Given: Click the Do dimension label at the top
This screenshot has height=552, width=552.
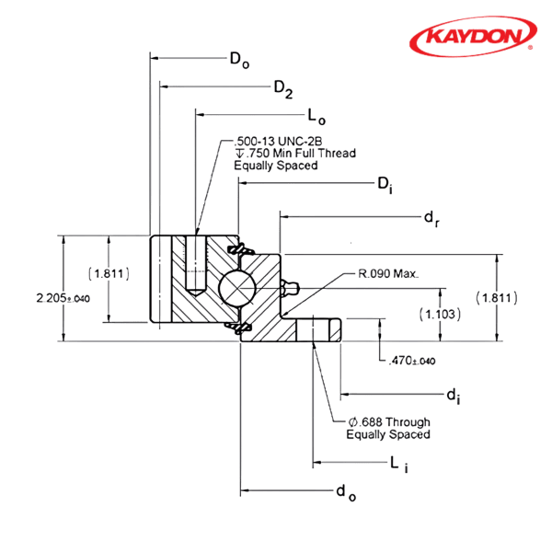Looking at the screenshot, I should pos(239,62).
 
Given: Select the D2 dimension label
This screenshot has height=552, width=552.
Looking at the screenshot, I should pos(282,88).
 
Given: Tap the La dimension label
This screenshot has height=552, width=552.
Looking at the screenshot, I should pos(314,116).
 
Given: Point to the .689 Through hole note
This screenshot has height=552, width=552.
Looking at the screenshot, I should pos(387,428).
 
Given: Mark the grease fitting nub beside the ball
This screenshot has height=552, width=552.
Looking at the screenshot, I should pos(293,288).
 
